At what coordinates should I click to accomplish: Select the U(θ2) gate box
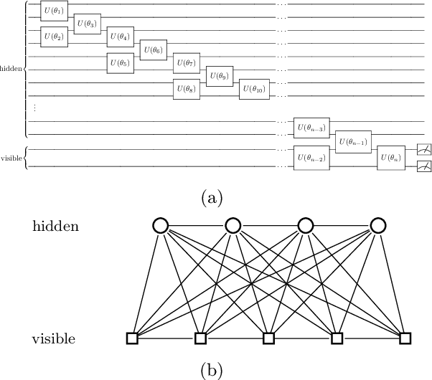pos(54,35)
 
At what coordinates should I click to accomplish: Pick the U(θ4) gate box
pos(120,35)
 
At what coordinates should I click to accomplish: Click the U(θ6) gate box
pos(153,51)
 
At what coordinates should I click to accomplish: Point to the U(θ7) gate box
pos(187,62)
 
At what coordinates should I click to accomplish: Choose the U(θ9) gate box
pos(220,75)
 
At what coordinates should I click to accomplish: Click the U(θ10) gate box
pos(253,89)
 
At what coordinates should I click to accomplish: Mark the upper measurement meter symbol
pos(424,150)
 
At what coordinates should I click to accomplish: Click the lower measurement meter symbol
pos(424,166)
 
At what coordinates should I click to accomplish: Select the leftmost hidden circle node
pos(160,226)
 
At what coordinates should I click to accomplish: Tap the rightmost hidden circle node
pos(379,226)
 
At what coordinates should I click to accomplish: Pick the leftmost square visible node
pos(133,337)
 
